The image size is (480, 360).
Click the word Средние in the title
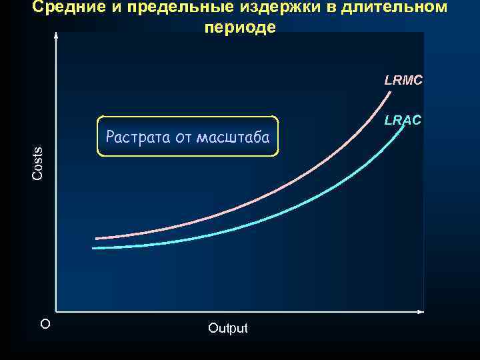click(64, 7)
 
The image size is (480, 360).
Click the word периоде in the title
click(240, 28)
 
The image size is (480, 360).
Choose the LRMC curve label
click(403, 81)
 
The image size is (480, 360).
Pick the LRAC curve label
click(403, 121)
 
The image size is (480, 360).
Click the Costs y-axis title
click(38, 163)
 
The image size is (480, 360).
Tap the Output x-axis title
click(227, 328)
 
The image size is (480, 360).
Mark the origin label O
click(45, 324)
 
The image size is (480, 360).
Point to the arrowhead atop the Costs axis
click(56, 36)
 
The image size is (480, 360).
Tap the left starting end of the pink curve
click(97, 238)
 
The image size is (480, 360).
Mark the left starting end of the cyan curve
click(93, 248)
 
